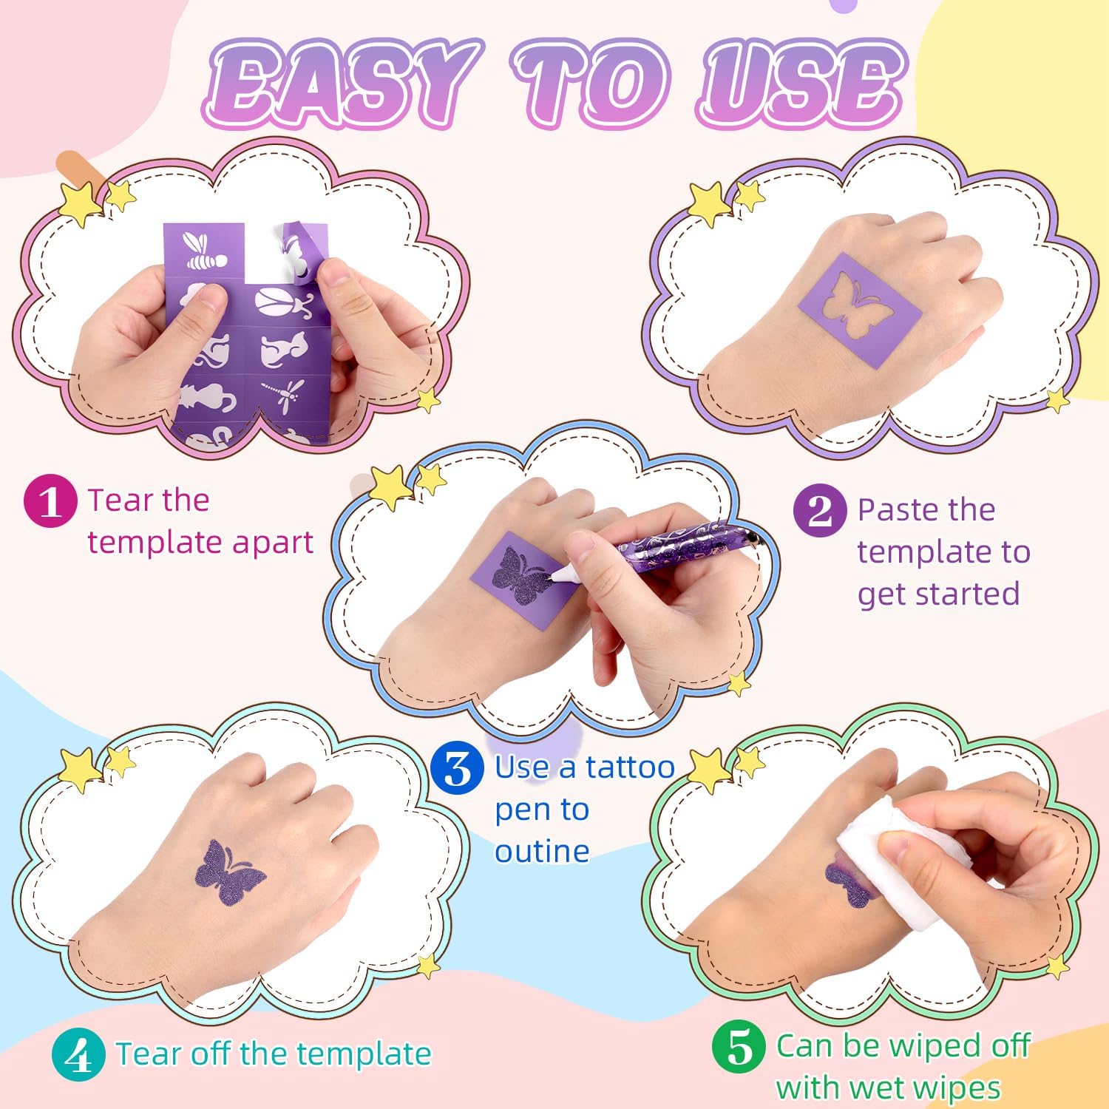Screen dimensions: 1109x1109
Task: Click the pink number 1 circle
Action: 50,501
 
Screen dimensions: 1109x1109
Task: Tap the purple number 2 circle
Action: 820,510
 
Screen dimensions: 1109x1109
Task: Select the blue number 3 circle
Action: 458,768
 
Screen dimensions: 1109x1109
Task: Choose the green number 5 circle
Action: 739,1048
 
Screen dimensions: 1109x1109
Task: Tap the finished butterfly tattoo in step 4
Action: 229,873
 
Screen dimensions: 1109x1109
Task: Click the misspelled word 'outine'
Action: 542,851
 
